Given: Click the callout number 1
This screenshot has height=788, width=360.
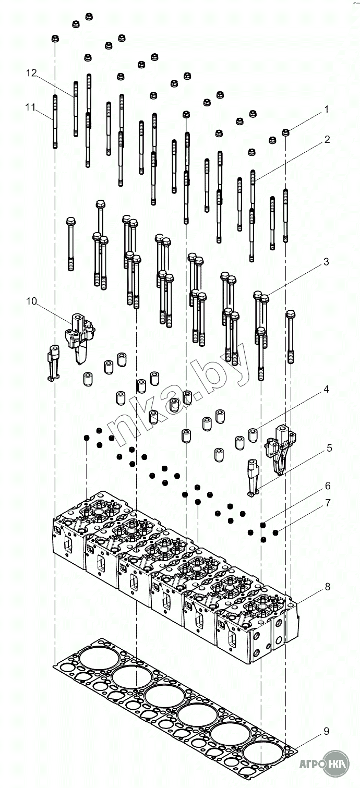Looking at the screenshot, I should click(327, 110).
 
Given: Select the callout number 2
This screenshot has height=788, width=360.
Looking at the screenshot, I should click(327, 139).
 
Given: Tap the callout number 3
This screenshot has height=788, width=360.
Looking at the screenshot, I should click(326, 262).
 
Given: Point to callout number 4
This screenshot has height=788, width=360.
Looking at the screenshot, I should click(326, 389).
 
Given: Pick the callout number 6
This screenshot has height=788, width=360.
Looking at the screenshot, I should click(328, 486).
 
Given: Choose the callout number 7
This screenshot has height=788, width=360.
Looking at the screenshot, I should click(328, 503).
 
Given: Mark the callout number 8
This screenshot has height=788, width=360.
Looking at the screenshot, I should click(328, 587).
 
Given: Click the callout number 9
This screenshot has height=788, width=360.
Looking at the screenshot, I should click(326, 732).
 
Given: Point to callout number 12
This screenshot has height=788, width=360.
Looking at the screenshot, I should click(32, 74).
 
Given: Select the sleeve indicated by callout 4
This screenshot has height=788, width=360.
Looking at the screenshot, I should click(253, 434).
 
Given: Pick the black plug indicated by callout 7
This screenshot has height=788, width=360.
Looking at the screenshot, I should click(275, 532).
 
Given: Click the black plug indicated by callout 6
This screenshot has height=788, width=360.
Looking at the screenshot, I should click(263, 525).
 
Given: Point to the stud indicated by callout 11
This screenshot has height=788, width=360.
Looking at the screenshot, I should click(55, 121).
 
